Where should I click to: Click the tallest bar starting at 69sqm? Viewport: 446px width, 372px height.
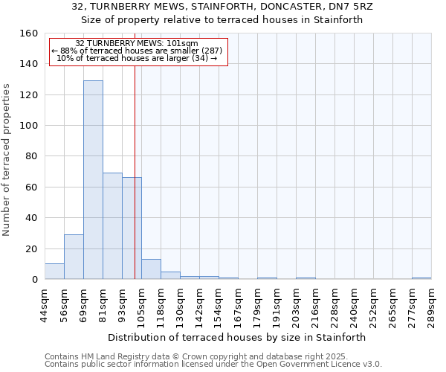(93, 180)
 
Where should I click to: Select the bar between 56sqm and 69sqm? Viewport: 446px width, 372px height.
(74, 257)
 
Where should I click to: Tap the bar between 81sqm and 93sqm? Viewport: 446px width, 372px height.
(112, 226)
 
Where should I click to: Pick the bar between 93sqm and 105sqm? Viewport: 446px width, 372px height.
(132, 228)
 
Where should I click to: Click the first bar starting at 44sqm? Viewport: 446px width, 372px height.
(54, 272)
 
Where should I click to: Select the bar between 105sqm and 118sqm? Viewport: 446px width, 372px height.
(151, 269)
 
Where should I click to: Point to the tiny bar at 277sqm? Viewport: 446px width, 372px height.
(421, 278)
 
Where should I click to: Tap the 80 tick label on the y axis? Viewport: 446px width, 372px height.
(31, 157)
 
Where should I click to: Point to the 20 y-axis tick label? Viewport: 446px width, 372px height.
(31, 249)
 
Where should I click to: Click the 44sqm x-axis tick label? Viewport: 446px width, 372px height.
(45, 304)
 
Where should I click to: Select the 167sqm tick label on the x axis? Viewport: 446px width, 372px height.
(238, 306)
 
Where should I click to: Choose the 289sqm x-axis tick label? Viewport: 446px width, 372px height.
(431, 306)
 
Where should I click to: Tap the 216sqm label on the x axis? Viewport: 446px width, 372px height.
(315, 306)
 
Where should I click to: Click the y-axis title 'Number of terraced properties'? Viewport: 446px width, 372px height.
(7, 157)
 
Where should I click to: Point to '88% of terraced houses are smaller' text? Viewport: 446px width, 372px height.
(138, 51)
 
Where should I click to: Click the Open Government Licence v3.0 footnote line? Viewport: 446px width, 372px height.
(213, 365)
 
